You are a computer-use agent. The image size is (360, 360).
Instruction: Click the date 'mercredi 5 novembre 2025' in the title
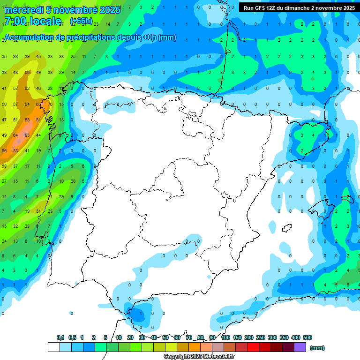62,9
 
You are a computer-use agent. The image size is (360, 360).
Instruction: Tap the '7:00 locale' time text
32,21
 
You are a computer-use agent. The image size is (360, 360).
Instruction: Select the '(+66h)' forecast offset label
81,21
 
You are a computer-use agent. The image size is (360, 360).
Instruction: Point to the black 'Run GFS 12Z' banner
299,8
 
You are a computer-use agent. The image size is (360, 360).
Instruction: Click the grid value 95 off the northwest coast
27,135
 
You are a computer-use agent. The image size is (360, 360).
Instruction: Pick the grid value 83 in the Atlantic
16,150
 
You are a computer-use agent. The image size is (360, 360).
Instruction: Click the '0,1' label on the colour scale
60,337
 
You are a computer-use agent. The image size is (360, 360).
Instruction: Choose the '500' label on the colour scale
307,337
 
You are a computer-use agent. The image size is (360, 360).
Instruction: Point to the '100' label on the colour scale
225,337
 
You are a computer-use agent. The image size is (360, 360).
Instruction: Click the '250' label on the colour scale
261,337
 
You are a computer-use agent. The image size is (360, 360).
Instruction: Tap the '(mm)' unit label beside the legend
318,348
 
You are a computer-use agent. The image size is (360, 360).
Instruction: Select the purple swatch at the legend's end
300,347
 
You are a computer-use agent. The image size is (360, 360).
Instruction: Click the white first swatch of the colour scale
54,347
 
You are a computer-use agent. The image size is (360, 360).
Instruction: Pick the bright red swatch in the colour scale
253,347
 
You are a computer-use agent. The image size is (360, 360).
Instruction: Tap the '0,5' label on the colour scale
72,337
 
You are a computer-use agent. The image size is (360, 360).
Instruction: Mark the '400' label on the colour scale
295,337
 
